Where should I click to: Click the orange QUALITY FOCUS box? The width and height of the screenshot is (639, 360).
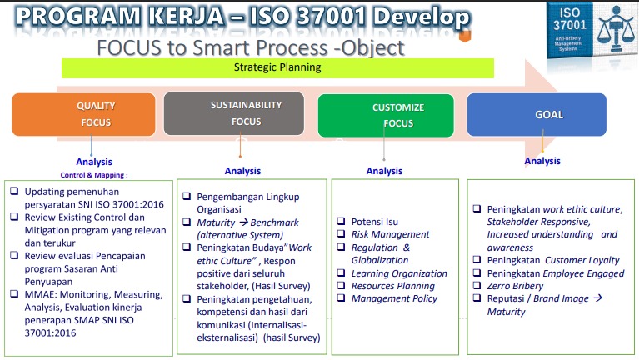pos(83,114)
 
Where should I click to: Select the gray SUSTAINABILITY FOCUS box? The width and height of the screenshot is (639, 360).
pos(234,113)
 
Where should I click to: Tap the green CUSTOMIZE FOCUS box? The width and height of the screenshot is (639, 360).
pos(386,115)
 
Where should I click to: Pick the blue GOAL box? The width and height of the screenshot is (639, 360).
pos(537,114)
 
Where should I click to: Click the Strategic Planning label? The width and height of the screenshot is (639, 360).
pos(277,67)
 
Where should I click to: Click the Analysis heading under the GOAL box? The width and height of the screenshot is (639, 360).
pos(542,161)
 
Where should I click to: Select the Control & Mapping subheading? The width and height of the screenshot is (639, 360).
pos(94,175)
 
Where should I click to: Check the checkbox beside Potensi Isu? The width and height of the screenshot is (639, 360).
pos(341,221)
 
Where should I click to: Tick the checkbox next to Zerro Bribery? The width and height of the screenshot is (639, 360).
pos(477,285)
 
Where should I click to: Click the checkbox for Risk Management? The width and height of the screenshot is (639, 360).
pos(341,233)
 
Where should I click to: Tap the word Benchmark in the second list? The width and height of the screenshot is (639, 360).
pos(274,222)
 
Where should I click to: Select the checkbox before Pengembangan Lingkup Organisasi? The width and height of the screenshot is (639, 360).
pos(187,196)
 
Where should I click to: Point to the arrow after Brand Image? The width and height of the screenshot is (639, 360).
pos(597,298)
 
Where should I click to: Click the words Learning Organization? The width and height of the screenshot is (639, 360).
pos(399,273)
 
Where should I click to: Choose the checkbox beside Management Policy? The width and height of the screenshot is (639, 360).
pos(341,297)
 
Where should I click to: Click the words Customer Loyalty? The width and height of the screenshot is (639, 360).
pos(582,260)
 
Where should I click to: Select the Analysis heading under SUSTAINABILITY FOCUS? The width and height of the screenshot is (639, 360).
pos(242,171)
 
